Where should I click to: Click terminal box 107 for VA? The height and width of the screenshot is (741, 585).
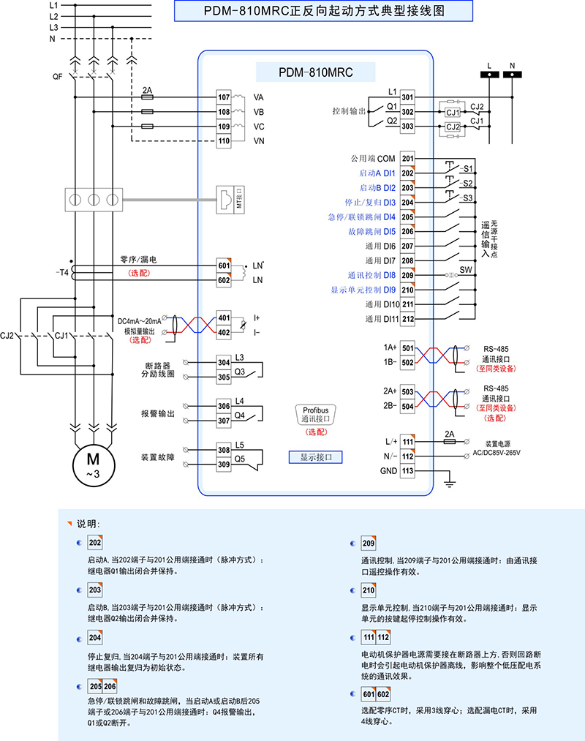tap(224, 97)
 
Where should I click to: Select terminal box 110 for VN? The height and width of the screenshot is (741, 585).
tap(224, 141)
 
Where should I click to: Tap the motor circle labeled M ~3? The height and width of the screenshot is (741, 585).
tap(93, 463)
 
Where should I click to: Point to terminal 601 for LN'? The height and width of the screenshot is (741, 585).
tap(224, 266)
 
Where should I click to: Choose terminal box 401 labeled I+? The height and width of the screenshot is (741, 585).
tap(224, 318)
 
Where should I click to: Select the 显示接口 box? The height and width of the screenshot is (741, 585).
tap(316, 456)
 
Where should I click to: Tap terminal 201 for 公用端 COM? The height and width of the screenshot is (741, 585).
tap(408, 159)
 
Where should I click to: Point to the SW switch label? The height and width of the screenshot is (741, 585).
tap(466, 270)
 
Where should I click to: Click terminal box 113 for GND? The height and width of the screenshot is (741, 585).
tap(408, 471)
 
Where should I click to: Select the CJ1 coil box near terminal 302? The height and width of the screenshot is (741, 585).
tap(453, 113)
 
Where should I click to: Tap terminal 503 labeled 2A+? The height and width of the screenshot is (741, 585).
tap(408, 391)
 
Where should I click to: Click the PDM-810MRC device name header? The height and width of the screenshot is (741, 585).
tap(316, 72)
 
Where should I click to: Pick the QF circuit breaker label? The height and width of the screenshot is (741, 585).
tap(58, 76)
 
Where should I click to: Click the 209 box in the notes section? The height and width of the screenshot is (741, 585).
tap(369, 545)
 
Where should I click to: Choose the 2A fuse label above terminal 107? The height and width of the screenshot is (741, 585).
tap(147, 91)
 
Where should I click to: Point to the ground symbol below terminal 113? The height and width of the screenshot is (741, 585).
tap(450, 483)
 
